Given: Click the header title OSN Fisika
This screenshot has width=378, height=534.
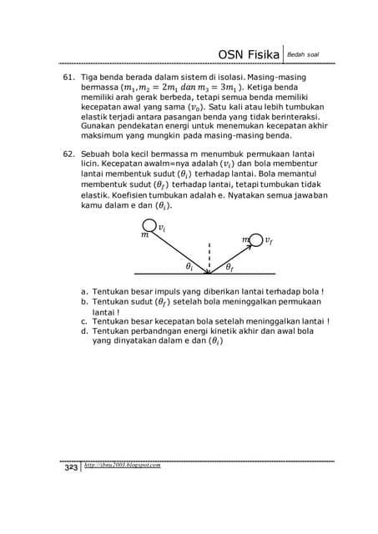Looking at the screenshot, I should click(248, 54).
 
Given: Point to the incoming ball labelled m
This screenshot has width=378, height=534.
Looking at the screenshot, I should click(148, 226).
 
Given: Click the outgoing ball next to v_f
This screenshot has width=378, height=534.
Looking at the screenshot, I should click(256, 240).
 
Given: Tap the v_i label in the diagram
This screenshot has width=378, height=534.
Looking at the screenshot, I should click(161, 227).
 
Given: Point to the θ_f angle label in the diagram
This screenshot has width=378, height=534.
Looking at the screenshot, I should click(229, 267).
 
